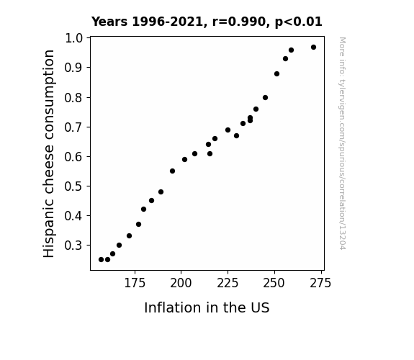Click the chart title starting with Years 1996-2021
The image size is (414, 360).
click(207, 22)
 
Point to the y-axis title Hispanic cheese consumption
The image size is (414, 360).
click(49, 153)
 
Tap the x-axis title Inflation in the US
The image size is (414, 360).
click(207, 307)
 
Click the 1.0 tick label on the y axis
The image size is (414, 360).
click(73, 38)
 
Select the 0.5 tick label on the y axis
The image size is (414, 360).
click(73, 186)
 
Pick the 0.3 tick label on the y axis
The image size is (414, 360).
click(73, 246)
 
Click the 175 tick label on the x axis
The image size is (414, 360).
click(135, 284)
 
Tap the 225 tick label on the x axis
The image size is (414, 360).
click(228, 284)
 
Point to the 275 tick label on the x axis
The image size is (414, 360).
click(320, 284)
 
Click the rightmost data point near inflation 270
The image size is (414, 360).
click(313, 48)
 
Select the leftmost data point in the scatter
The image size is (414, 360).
click(101, 260)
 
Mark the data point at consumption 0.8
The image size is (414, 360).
click(266, 98)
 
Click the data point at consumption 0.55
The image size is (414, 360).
click(172, 171)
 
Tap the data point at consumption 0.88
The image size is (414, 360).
click(276, 74)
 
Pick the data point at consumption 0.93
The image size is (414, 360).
click(285, 59)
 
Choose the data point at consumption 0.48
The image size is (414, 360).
click(161, 192)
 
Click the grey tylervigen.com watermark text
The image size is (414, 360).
click(342, 143)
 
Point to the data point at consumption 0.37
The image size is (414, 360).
click(139, 225)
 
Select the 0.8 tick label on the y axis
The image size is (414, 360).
click(73, 98)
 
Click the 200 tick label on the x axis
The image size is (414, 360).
click(181, 284)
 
